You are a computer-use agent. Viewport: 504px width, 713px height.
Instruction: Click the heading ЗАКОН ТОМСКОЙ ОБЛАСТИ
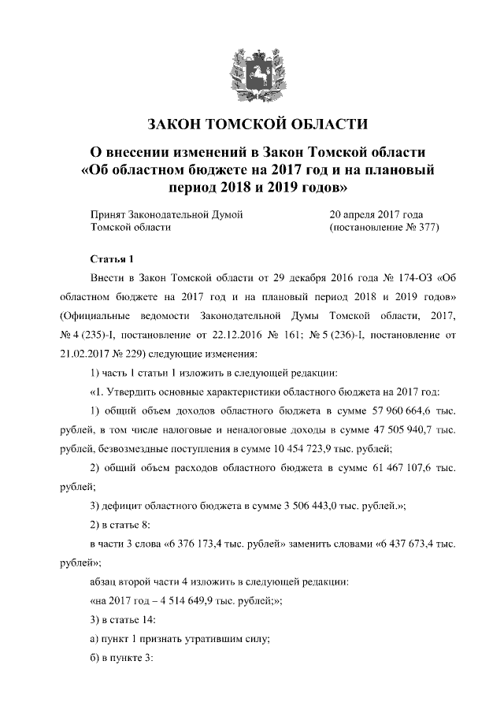click(252, 124)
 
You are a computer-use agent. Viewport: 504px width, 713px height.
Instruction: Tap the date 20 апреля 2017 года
click(376, 214)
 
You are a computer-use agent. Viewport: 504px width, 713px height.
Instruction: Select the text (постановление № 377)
click(383, 227)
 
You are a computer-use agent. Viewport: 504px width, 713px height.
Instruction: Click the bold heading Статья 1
click(113, 259)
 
